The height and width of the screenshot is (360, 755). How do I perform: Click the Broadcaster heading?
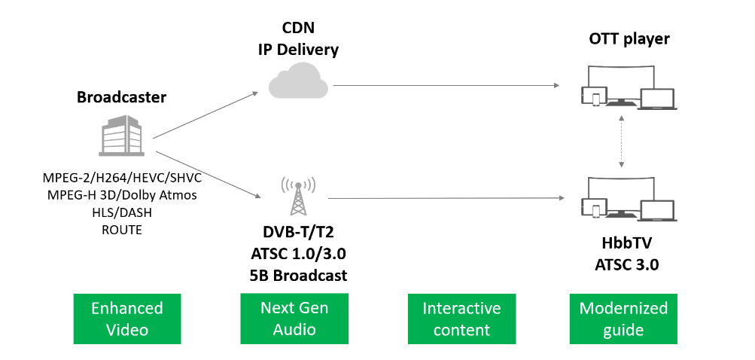[x=121, y=98]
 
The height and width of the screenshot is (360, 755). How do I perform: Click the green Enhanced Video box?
[x=127, y=319]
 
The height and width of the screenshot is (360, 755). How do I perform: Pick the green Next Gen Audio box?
[x=294, y=319]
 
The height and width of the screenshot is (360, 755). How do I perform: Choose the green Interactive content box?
[x=461, y=319]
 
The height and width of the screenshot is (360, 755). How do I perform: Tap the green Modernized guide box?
[x=623, y=319]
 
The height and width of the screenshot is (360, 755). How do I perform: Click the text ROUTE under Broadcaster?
[x=121, y=230]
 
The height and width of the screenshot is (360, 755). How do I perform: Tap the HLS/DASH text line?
[x=121, y=213]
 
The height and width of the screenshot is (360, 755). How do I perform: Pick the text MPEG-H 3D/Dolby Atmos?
[x=121, y=196]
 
